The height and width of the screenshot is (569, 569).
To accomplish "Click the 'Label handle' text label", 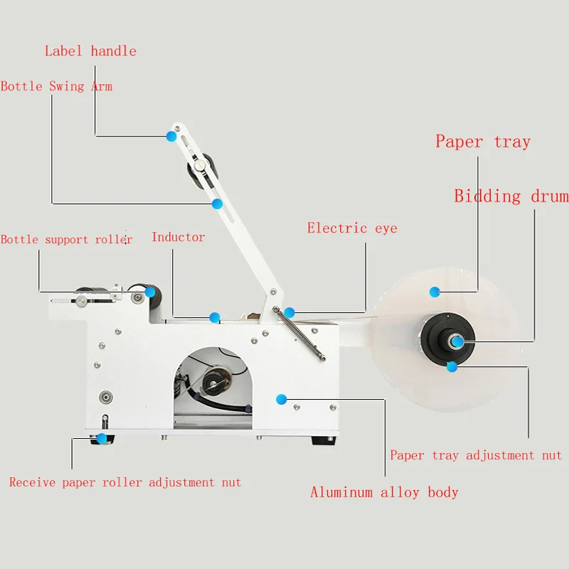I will pos(90,51).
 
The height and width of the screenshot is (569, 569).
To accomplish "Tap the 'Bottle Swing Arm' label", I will pos(56,87).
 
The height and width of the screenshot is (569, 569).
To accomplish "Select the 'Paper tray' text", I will pos(483,142).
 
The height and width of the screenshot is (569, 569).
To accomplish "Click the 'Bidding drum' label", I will pos(511,196).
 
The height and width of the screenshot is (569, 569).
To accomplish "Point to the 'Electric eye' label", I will pos(352,228).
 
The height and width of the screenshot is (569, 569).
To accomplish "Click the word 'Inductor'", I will pos(178,238).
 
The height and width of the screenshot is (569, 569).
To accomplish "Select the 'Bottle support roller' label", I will pos(66,240).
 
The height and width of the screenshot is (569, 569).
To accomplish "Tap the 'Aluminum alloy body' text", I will pos(384,492).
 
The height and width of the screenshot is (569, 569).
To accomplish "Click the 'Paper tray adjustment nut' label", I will pos(476,455).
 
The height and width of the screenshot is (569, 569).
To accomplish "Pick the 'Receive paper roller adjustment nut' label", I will pos(125,483).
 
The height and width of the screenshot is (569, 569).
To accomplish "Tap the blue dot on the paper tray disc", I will pos(435,291).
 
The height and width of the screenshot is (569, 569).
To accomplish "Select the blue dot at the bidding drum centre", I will pos(458,342).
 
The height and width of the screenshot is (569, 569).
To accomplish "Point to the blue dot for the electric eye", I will pos(289,312).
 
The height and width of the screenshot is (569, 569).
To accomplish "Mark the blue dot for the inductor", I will pos(214,317).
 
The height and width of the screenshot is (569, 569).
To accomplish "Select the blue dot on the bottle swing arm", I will pos(217,204).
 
